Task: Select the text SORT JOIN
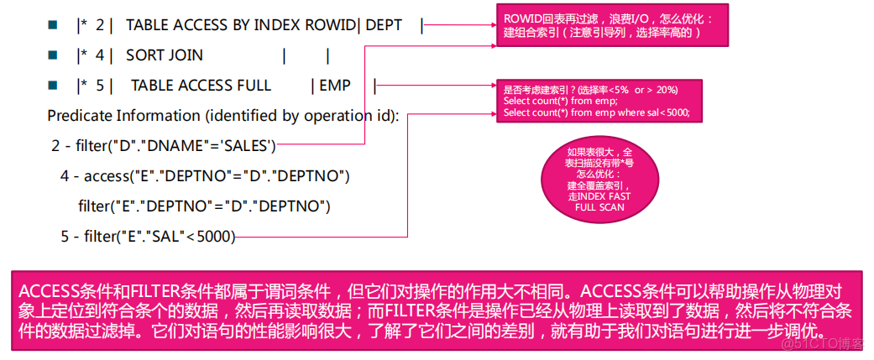point(164,56)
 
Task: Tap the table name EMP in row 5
point(335,86)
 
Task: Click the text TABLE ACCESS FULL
point(201,86)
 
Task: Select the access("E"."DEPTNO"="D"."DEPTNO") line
point(204,176)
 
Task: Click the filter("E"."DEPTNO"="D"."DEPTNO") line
point(204,206)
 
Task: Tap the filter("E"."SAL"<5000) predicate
point(148,237)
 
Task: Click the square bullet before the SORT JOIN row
point(53,56)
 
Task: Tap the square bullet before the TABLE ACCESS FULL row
point(53,86)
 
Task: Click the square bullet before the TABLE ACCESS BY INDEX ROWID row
point(53,26)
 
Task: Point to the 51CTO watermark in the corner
point(826,342)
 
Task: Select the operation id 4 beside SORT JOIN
point(100,56)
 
